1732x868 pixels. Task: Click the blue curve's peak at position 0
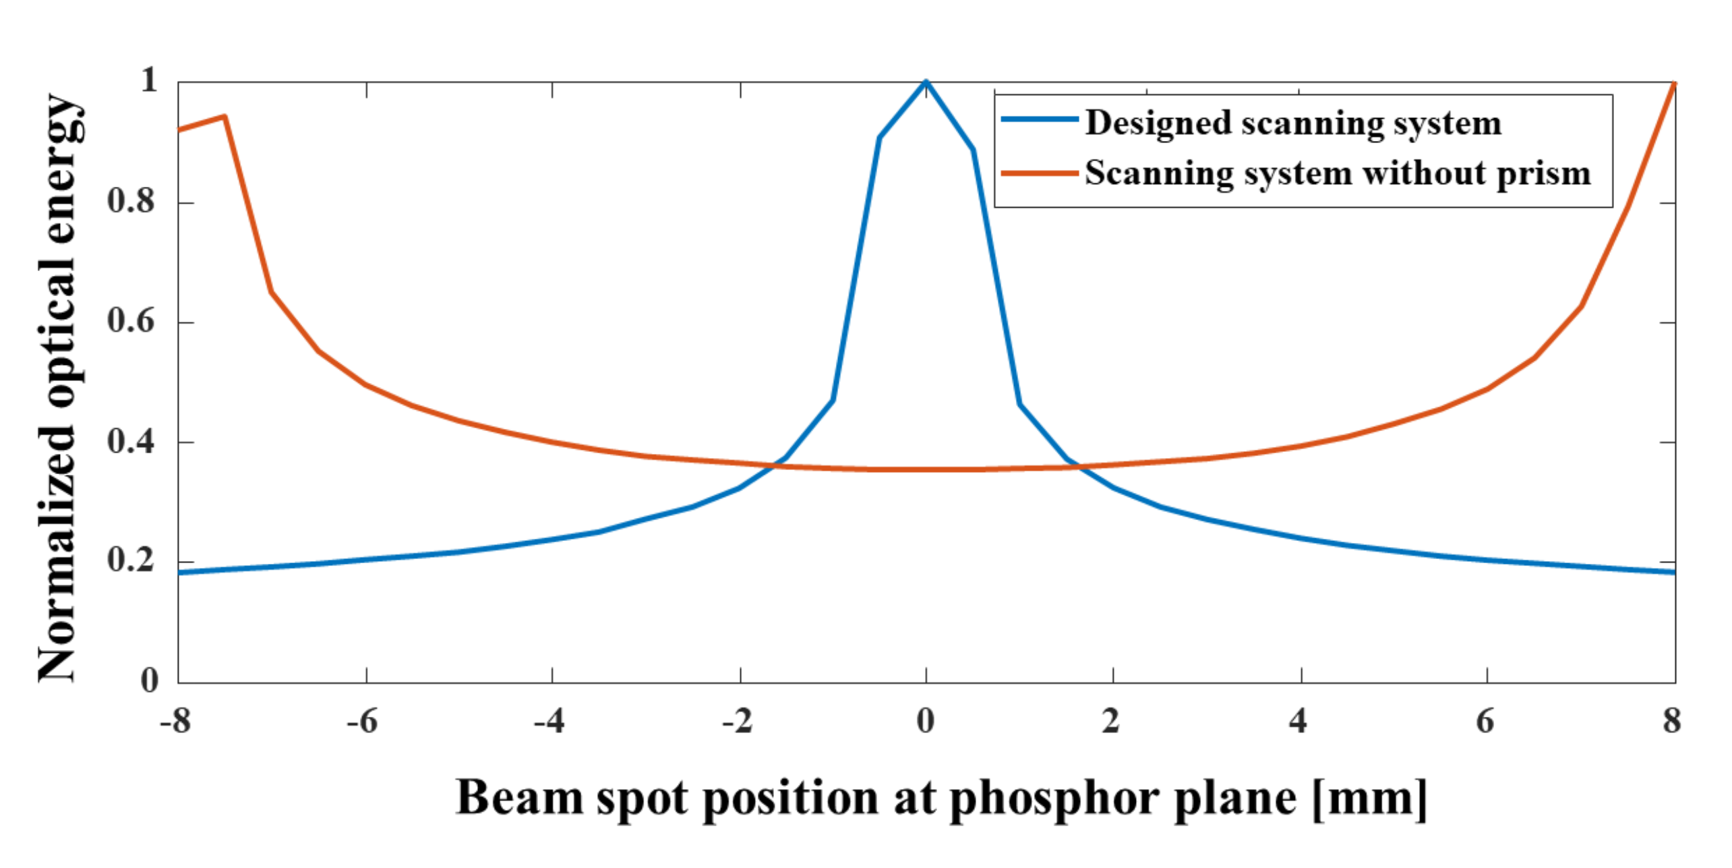tap(926, 82)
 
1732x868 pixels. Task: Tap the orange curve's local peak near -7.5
tap(225, 117)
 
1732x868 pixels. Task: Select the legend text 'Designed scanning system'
tap(1293, 123)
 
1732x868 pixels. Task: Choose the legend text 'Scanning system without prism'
tap(1338, 173)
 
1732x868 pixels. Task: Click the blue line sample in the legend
tap(1039, 119)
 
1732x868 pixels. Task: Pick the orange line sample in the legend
tap(1039, 173)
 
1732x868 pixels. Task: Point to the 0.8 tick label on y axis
tap(131, 201)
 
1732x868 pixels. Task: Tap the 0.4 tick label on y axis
tap(131, 441)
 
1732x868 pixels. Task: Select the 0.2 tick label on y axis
tap(131, 560)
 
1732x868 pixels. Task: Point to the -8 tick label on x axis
tap(175, 721)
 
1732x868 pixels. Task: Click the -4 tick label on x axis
tap(549, 721)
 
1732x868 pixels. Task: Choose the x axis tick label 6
tap(1485, 721)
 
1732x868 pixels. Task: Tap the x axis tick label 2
tap(1111, 721)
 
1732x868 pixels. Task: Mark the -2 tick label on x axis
tap(738, 721)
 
